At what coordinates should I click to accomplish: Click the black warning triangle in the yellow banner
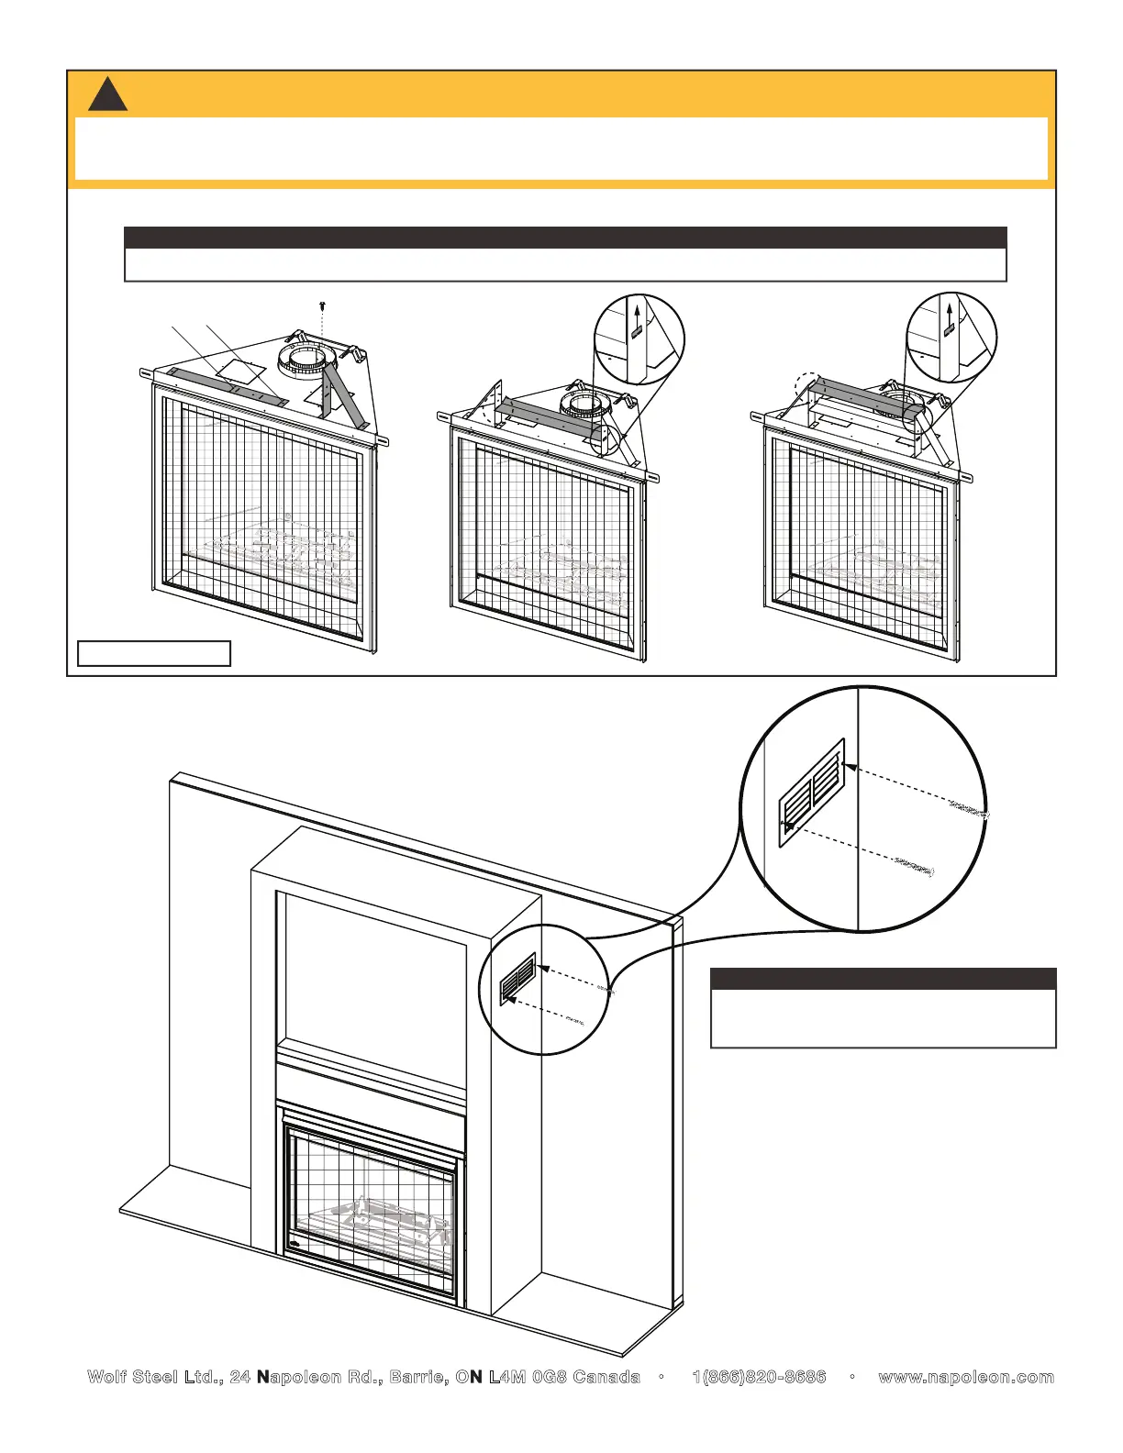coord(107,96)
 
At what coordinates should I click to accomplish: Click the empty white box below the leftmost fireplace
coord(153,653)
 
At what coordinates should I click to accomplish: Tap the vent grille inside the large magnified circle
coord(812,793)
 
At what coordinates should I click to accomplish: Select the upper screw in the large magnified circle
coord(968,812)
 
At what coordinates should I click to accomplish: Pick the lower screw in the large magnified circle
coord(913,866)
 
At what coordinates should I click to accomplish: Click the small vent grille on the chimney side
coord(517,979)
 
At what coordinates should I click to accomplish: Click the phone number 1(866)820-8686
coord(759,1377)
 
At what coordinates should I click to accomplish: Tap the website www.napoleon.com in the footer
coord(966,1377)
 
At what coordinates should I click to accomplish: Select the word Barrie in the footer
coord(418,1377)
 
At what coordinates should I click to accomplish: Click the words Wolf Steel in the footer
coord(131,1377)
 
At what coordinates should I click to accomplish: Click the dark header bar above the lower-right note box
coord(884,978)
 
